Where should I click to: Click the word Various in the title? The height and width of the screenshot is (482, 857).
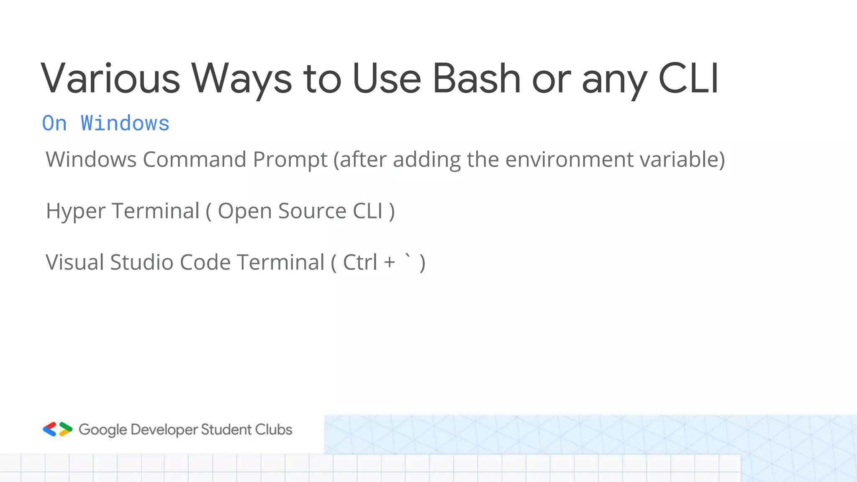(110, 78)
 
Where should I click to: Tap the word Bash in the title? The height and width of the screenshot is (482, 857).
(476, 78)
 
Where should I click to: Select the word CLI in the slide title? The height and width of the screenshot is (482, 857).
(688, 78)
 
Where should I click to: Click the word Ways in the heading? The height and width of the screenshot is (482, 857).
(241, 78)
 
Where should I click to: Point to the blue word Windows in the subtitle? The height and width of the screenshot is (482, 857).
(125, 123)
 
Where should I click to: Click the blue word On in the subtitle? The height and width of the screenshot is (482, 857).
(54, 123)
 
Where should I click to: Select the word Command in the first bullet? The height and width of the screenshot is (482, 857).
(194, 159)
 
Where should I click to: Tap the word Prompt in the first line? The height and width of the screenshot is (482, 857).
(290, 159)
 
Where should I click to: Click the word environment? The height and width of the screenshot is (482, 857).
(570, 159)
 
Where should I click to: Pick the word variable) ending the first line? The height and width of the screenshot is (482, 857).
(682, 159)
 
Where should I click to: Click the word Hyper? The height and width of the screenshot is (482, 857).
(75, 211)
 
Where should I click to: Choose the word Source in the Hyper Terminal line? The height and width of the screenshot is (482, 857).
(312, 211)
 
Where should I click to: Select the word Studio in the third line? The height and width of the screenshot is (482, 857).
(141, 262)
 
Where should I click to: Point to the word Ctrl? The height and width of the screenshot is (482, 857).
(360, 262)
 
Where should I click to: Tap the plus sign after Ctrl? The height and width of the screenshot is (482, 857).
(390, 262)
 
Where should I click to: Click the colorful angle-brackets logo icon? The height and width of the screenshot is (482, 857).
(58, 429)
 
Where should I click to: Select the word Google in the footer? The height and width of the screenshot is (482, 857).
(103, 430)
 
